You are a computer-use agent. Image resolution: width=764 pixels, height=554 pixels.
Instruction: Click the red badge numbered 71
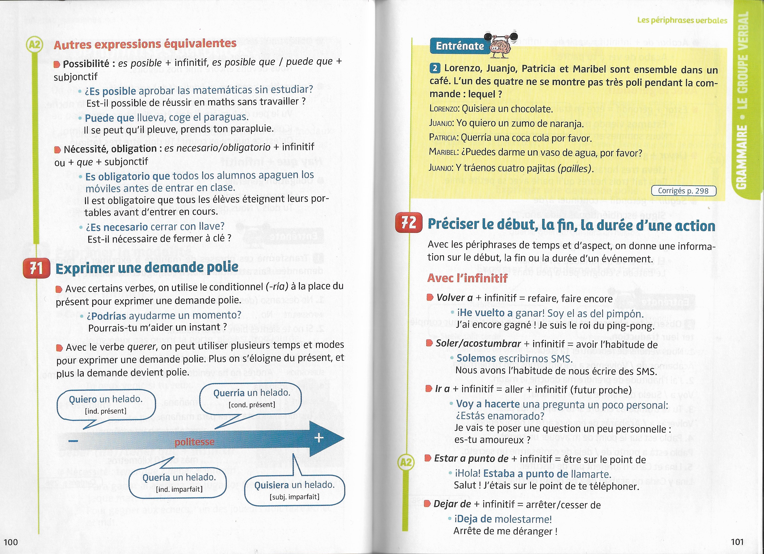(36, 269)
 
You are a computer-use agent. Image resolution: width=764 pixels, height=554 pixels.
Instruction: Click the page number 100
(10, 542)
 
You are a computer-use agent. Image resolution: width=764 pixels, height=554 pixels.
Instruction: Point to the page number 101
(737, 542)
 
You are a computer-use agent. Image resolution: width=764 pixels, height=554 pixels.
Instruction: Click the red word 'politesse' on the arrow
(194, 442)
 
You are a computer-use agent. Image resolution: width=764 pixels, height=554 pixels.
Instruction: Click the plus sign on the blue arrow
(319, 438)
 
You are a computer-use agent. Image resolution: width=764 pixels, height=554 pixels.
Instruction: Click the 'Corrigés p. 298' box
(683, 191)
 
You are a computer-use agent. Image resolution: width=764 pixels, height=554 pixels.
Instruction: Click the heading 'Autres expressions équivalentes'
(145, 44)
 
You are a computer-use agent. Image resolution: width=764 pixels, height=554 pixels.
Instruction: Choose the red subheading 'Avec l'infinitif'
(467, 278)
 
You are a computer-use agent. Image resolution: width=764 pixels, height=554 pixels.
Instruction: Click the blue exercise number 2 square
(434, 68)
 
